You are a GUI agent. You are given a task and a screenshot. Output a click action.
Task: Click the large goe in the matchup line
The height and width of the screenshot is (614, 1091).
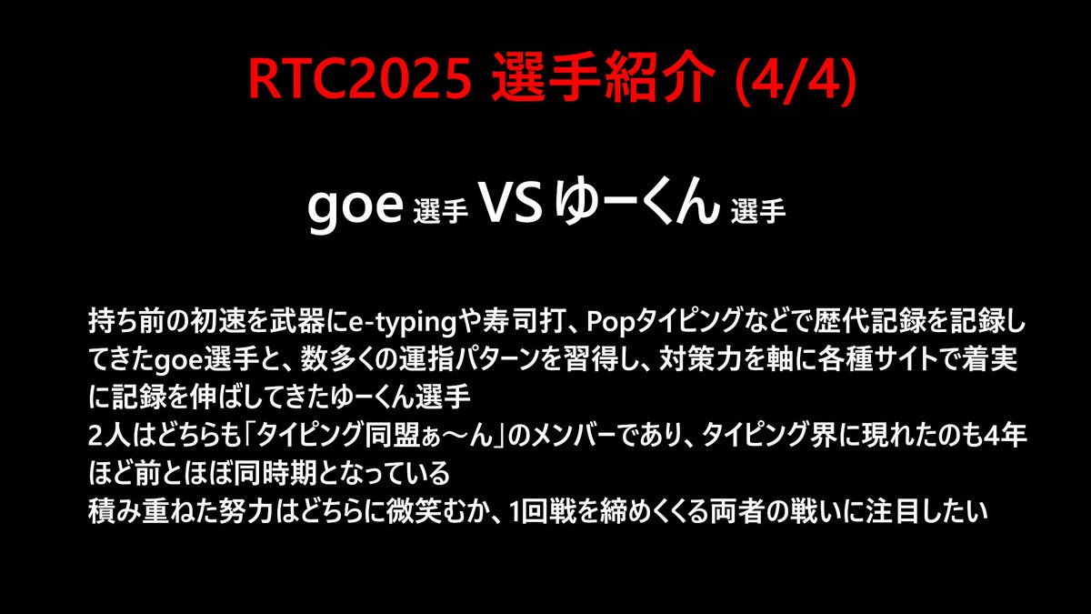(x=355, y=208)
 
